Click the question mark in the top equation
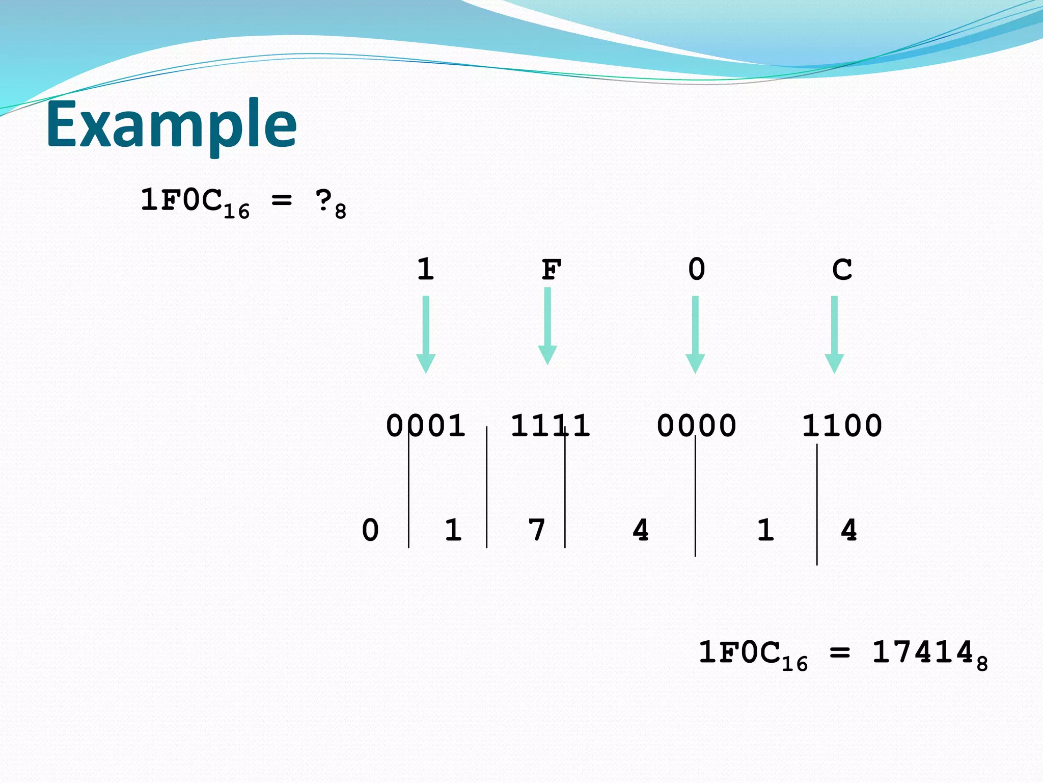tap(324, 200)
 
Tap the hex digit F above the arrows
tap(551, 270)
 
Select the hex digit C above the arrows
tap(842, 270)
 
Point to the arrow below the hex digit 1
tap(426, 334)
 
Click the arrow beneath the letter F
tap(547, 326)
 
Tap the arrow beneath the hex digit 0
tap(695, 334)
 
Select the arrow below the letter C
tap(834, 334)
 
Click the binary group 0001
tap(426, 426)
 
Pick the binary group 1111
tap(550, 426)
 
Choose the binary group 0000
tap(696, 426)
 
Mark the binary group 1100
tap(842, 426)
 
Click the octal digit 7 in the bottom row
tap(537, 530)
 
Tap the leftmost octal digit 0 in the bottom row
tap(370, 530)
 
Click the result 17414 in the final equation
tap(923, 652)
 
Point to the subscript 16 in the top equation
tap(237, 211)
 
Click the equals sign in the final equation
tap(840, 653)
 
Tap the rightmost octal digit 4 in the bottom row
tap(848, 530)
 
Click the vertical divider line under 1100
tap(817, 505)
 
